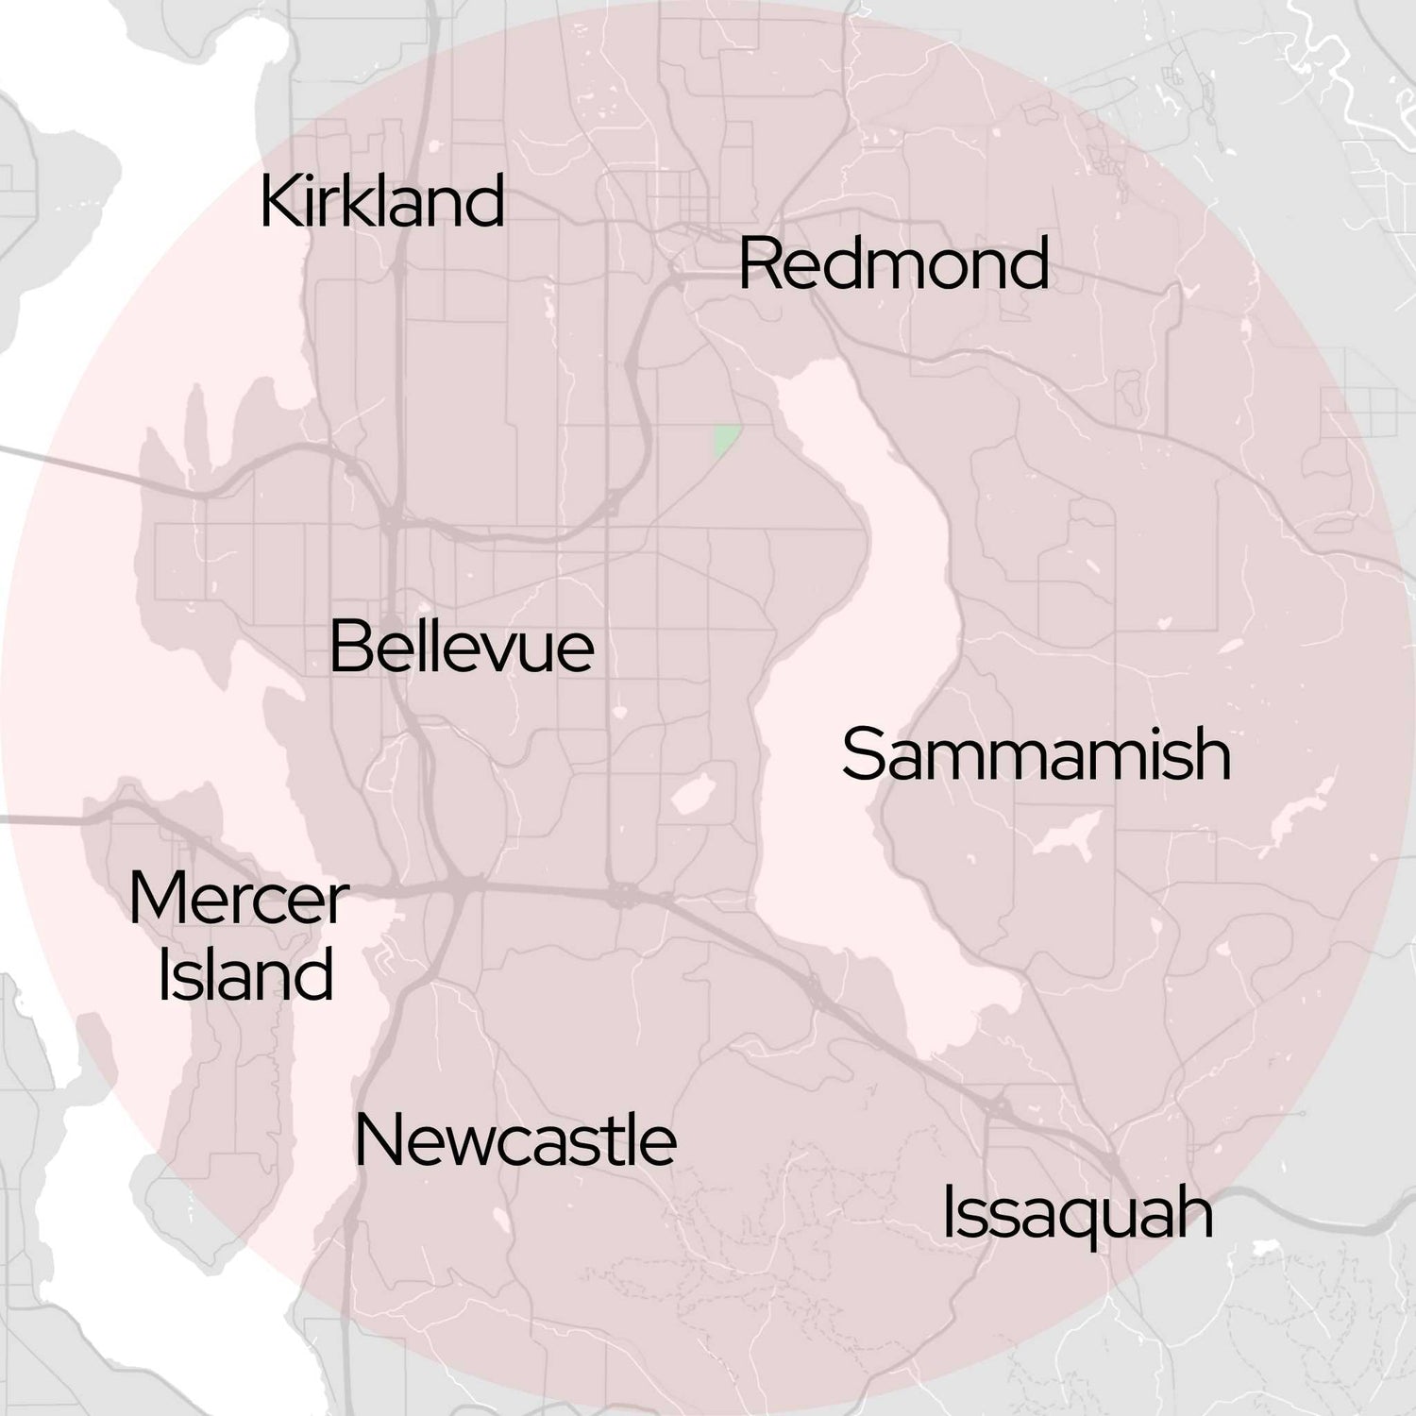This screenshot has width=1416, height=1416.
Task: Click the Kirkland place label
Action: (381, 201)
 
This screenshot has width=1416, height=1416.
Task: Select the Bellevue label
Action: (462, 648)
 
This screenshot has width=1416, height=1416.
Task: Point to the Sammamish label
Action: (1037, 755)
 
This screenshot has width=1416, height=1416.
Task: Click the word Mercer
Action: (239, 900)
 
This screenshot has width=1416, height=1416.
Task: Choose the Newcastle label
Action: (515, 1140)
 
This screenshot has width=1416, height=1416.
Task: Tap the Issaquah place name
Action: (1077, 1214)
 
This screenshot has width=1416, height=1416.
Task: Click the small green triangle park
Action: (724, 439)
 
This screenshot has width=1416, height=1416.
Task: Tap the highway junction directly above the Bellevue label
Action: (391, 520)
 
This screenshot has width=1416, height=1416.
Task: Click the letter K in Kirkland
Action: (278, 201)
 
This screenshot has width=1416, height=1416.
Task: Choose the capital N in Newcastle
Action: (376, 1140)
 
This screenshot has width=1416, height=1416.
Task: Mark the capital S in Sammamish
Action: (861, 755)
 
